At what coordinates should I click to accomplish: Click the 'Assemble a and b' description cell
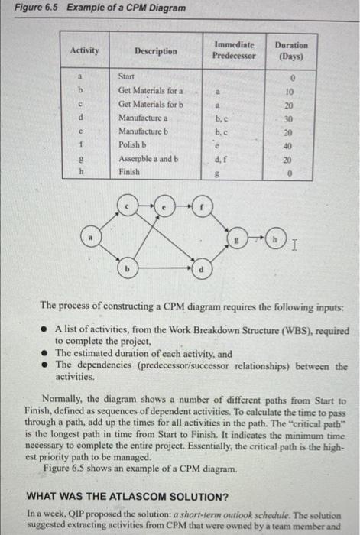coord(148,159)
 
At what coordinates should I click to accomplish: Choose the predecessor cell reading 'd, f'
coord(221,159)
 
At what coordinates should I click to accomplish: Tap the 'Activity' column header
coord(84,50)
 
